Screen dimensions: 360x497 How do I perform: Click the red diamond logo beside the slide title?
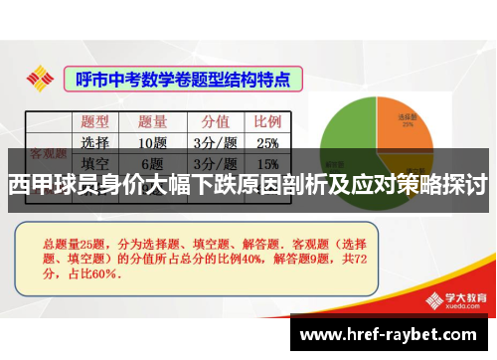(40, 78)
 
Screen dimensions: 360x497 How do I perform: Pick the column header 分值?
(215, 121)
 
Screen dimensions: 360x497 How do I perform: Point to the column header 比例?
(267, 121)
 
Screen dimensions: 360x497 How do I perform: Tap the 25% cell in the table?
(267, 142)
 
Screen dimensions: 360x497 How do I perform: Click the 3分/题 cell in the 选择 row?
(215, 142)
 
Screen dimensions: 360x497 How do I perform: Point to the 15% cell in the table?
(267, 163)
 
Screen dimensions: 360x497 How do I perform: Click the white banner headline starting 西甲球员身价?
(248, 185)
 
